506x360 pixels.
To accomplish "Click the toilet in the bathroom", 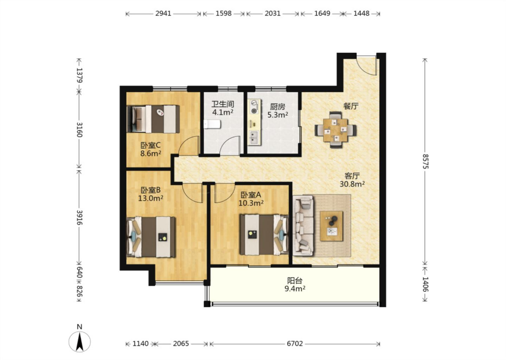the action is click(212, 124).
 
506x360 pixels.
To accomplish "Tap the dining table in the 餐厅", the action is click(336, 130).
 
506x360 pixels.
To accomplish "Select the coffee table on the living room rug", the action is click(331, 226).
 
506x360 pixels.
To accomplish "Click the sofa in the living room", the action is click(303, 226).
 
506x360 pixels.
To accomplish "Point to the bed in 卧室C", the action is click(153, 119).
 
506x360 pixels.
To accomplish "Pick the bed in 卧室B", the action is click(151, 237).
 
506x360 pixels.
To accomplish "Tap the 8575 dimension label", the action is click(425, 161).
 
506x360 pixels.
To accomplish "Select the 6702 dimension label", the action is click(295, 344).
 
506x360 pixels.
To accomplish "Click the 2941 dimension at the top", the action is click(163, 14).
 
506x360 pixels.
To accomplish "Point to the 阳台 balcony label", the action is click(295, 281).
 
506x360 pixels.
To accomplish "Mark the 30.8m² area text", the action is click(352, 184).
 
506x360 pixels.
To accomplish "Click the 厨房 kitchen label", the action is click(278, 107).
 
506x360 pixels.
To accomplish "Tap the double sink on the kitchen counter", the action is click(254, 138).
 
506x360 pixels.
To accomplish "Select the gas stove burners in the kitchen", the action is click(254, 107).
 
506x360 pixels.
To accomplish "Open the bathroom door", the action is click(230, 146).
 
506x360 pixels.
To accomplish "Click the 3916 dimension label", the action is click(79, 217).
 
